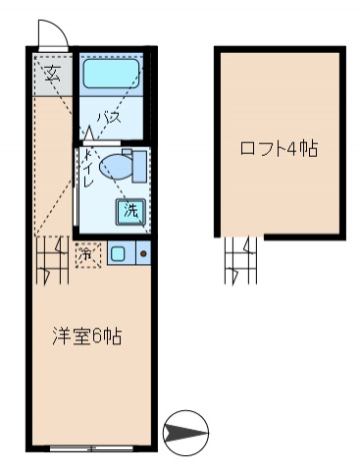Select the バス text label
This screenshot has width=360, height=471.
pos(108,119)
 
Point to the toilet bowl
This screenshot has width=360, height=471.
pos(116,168)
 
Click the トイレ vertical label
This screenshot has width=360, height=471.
pos(88,170)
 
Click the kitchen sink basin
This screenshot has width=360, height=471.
pos(118,254)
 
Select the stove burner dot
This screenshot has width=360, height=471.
pos(142,254)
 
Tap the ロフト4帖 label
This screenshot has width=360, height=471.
pos(279,149)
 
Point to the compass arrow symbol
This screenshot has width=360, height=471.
pos(185,432)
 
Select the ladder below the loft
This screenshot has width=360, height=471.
pos(240,260)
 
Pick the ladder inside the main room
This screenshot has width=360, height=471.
pos(50,260)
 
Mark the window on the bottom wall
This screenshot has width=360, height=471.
pos(90,448)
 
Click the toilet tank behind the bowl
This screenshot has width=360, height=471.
pos(138,167)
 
